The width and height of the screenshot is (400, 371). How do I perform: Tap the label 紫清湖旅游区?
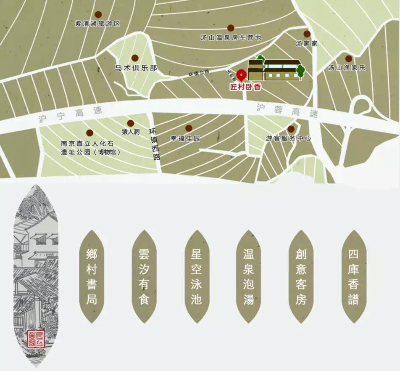click(x=97, y=24)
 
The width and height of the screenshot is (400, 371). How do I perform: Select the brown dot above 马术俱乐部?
click(x=135, y=58)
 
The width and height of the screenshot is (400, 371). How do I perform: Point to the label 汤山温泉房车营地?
click(x=231, y=37)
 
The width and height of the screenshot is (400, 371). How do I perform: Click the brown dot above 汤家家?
click(x=307, y=34)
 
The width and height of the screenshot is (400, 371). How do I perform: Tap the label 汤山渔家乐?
click(x=347, y=67)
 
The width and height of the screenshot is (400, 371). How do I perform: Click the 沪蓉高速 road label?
click(x=287, y=110)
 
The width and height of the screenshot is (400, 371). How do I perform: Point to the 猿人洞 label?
click(x=131, y=132)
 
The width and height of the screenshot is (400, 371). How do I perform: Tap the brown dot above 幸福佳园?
click(x=189, y=128)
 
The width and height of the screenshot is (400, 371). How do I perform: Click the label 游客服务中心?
click(x=289, y=138)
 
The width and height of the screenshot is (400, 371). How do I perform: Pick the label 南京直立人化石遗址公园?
click(x=90, y=148)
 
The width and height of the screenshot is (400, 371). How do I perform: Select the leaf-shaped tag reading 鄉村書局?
click(x=92, y=276)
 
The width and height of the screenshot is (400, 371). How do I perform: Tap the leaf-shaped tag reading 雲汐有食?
click(x=144, y=276)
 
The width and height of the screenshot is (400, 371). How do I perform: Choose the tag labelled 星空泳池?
click(x=196, y=276)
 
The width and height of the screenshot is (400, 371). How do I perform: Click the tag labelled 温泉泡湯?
click(x=249, y=276)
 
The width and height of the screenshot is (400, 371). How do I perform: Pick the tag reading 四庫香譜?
click(x=353, y=276)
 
